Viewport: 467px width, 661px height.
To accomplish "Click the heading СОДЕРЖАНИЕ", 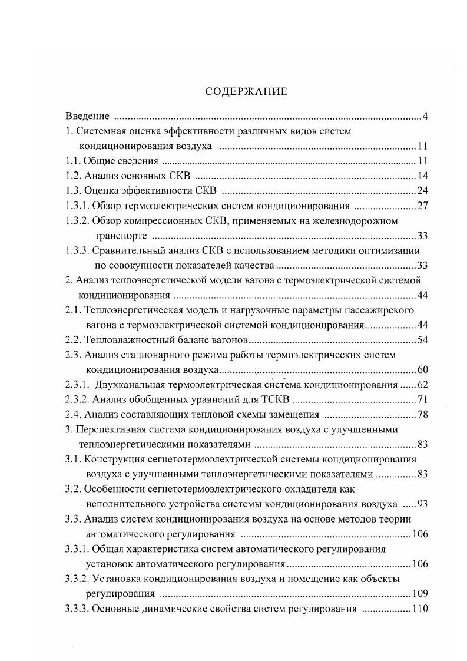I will pos(246,91).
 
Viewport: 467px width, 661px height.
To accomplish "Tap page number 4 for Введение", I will pos(425,115).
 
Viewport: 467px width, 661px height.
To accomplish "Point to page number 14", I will pos(422,176).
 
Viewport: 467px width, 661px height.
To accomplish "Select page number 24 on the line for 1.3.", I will pos(422,191).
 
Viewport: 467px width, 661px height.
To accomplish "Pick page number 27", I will pos(422,206).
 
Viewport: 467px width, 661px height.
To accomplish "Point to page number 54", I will pos(422,341).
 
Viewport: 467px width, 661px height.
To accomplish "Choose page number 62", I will pos(422,385).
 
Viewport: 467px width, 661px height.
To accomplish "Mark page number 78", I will pos(422,415).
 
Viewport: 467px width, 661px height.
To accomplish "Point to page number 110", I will pos(419,609).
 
